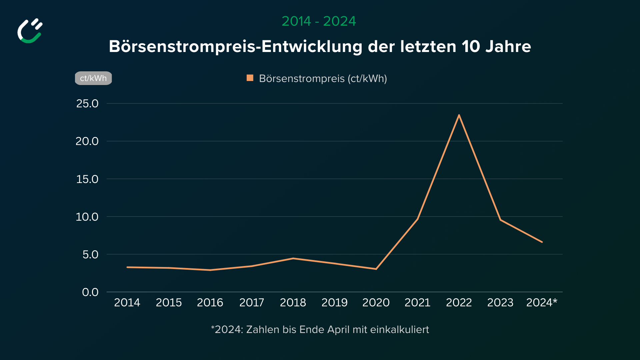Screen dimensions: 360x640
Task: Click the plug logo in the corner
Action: coord(30,31)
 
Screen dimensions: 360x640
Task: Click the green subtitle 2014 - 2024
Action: coord(319,21)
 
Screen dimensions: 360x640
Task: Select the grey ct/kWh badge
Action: coord(93,78)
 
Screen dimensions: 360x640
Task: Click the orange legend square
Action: coord(250,78)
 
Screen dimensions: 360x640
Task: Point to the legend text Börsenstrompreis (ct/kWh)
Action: coord(323,79)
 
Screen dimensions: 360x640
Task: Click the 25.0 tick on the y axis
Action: coord(87,104)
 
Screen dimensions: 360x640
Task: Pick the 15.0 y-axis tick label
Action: coord(87,179)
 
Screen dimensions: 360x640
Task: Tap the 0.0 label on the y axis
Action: coord(90,292)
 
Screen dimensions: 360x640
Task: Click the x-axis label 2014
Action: coord(127,303)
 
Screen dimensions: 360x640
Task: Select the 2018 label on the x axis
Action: coord(293,303)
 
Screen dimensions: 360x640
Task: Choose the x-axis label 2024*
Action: coord(542,303)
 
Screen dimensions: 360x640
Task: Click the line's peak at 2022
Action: coord(459,115)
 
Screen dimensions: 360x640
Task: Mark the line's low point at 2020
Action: coord(376,269)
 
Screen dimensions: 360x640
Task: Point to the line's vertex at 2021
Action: coord(418,219)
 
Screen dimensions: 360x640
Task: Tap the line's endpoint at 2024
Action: coord(542,242)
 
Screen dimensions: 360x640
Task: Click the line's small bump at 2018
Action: coord(293,258)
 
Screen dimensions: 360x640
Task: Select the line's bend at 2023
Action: coord(500,220)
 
